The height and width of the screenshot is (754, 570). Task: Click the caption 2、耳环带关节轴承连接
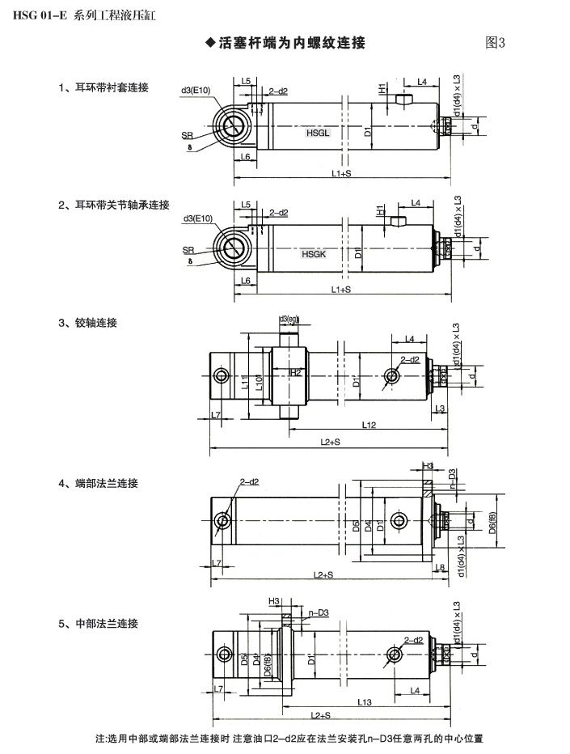click(x=113, y=205)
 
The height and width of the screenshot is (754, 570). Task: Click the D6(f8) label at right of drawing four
click(x=492, y=523)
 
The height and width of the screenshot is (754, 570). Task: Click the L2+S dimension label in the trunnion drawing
click(x=330, y=442)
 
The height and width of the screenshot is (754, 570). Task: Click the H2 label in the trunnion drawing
click(x=296, y=372)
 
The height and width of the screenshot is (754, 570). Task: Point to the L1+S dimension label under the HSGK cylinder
click(x=341, y=290)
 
